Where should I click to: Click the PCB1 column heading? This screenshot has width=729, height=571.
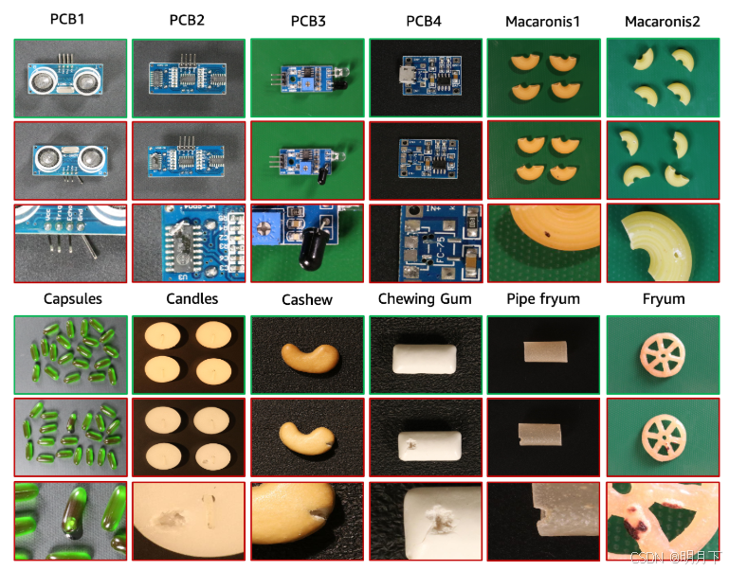(x=68, y=19)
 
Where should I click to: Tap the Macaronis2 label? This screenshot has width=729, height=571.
(x=663, y=20)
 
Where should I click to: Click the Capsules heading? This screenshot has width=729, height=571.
(x=73, y=299)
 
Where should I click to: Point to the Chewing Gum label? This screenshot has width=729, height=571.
(x=423, y=299)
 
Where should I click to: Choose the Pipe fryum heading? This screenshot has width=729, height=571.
(x=542, y=299)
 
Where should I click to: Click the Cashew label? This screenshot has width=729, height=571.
(x=307, y=300)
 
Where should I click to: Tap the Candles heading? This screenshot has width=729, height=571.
(x=191, y=299)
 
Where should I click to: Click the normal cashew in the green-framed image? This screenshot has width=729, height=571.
(x=308, y=360)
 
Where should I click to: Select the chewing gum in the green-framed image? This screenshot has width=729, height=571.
(x=425, y=359)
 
